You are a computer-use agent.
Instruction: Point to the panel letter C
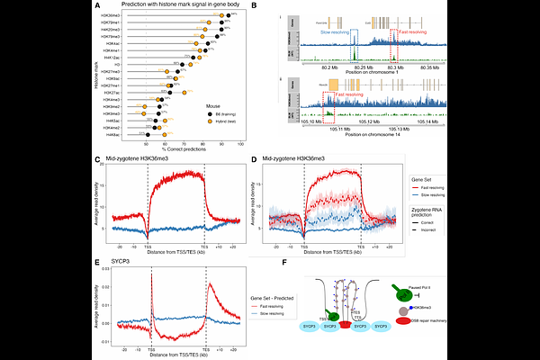pos(97,158)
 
